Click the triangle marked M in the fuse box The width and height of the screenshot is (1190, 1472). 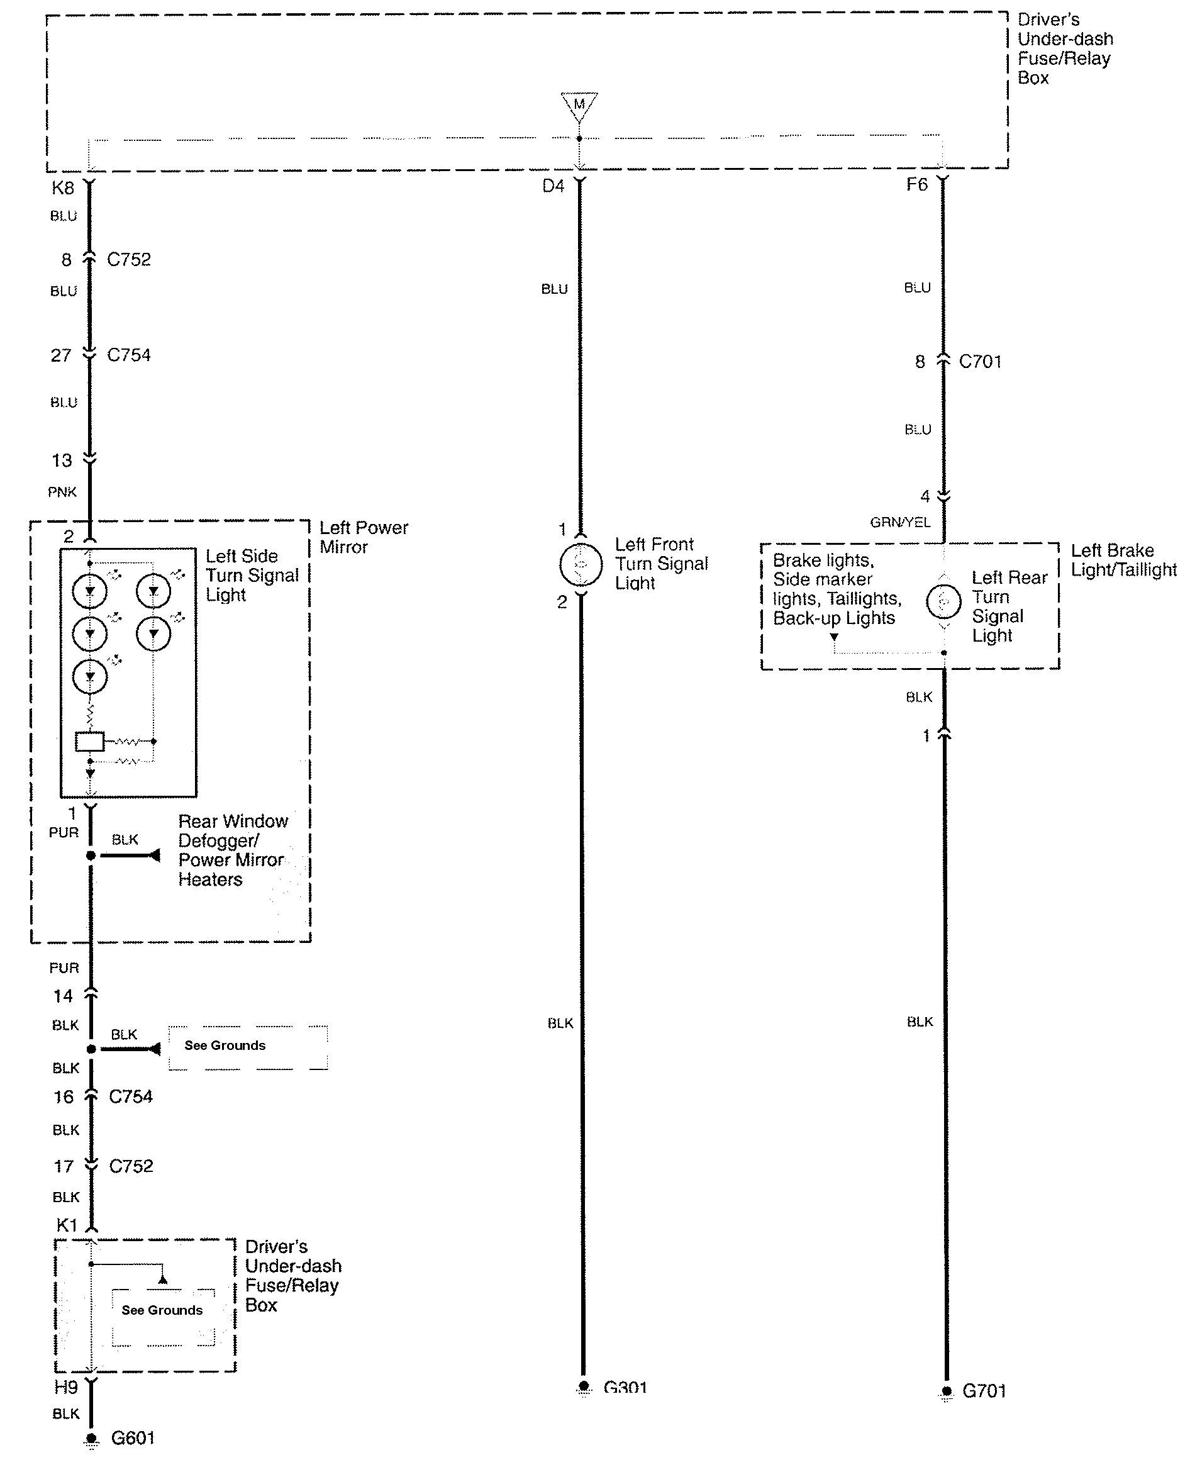tap(579, 105)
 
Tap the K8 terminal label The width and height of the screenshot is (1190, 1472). tap(63, 188)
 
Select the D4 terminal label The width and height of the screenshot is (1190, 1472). tap(553, 186)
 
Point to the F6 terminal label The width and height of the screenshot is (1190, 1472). tap(916, 184)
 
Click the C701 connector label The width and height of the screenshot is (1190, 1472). tap(981, 361)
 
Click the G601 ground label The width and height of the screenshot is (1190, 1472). tap(133, 1438)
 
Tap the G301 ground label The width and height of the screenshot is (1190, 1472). tap(625, 1388)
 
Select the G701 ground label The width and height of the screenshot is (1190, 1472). tap(984, 1391)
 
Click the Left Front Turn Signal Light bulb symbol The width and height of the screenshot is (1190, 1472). tap(581, 564)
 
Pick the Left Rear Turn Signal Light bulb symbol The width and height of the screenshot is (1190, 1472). tap(944, 602)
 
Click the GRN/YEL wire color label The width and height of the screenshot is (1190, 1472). tap(900, 522)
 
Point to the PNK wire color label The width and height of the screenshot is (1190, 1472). tap(62, 491)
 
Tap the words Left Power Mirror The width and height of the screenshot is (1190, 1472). tap(364, 537)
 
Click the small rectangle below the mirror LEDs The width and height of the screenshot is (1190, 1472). tap(89, 742)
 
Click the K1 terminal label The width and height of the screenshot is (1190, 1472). tap(67, 1225)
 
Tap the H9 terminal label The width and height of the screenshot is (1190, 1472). tap(66, 1387)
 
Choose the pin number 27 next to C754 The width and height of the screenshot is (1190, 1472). tap(61, 355)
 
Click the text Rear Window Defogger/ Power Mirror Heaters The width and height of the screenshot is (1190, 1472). tap(232, 850)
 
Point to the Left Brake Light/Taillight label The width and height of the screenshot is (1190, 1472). tap(1123, 559)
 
